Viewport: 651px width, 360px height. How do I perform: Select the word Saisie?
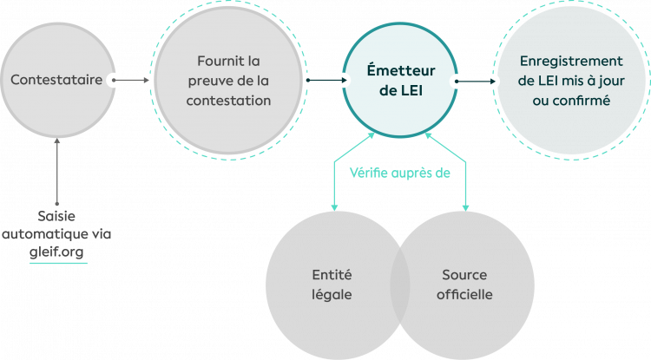[58, 216]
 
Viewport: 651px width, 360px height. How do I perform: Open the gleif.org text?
[58, 250]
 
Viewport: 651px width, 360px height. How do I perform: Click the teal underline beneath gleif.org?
[58, 262]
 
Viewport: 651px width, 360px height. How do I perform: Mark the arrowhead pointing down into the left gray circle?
[334, 208]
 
